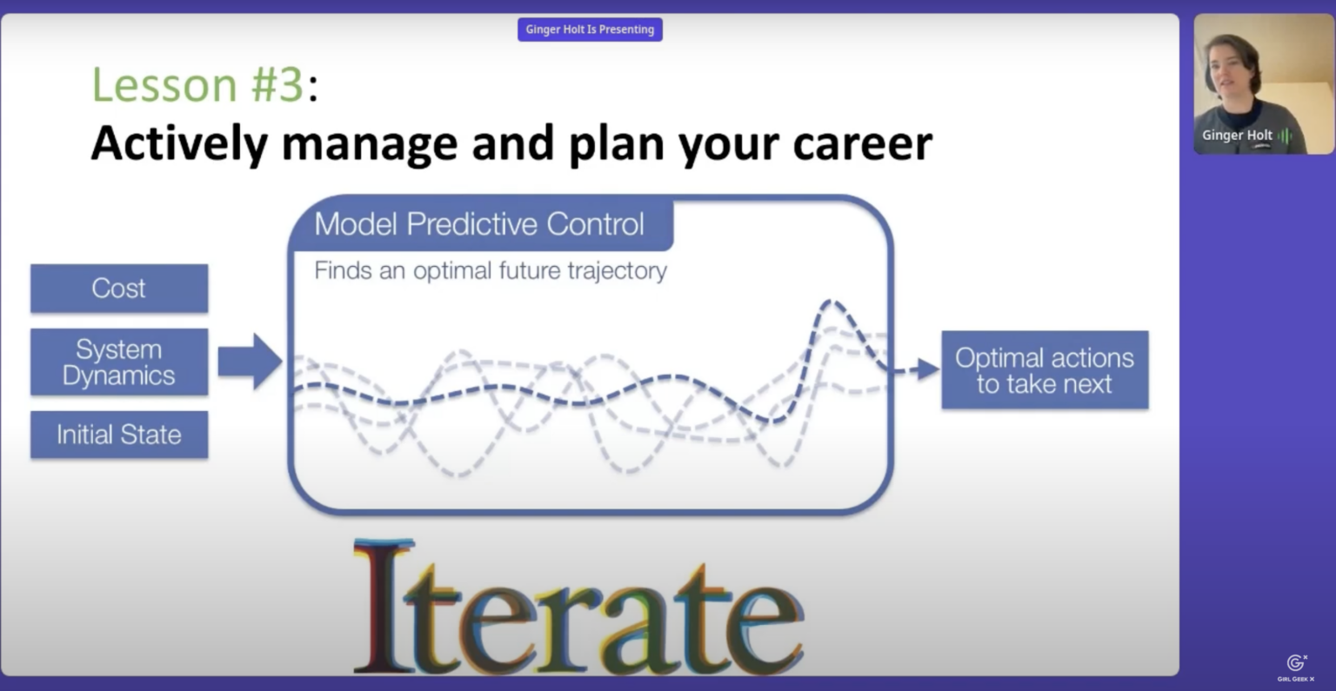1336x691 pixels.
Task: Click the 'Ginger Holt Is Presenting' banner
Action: point(590,30)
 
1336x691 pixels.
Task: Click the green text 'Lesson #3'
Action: point(197,85)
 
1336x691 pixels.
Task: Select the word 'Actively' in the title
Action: point(178,143)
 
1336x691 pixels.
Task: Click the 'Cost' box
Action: point(119,289)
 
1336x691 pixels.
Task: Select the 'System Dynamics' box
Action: point(119,362)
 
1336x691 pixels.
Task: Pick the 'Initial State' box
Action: point(119,435)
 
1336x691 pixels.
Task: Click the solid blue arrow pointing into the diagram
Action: point(250,361)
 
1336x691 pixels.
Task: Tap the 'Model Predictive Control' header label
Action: point(479,224)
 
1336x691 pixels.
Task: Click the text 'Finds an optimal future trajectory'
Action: point(491,271)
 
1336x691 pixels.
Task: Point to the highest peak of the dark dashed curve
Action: point(831,302)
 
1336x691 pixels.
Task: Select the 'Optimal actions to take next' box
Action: point(1045,370)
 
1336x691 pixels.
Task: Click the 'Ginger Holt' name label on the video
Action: point(1236,136)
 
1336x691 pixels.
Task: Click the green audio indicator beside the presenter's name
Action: point(1285,136)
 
